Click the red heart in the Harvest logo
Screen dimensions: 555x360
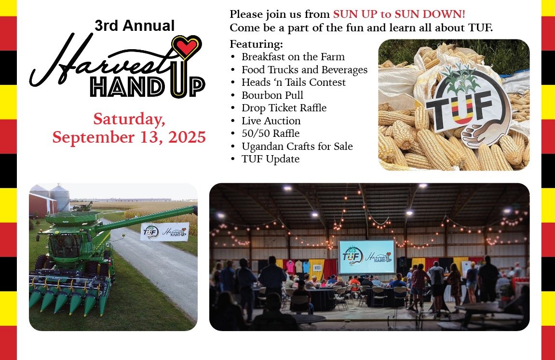click(x=187, y=46)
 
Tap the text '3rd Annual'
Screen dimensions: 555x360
click(x=135, y=26)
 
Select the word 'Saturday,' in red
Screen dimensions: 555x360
click(x=129, y=119)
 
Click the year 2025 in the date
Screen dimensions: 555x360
click(x=187, y=137)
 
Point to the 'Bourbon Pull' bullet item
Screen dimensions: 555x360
click(x=272, y=95)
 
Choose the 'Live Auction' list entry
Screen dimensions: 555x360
click(x=271, y=120)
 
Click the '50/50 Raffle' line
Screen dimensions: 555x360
click(x=271, y=133)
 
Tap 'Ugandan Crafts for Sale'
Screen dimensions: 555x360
click(x=297, y=146)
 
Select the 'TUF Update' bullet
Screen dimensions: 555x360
click(x=271, y=159)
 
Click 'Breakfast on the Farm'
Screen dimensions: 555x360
click(x=293, y=56)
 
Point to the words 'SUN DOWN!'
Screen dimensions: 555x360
click(x=430, y=14)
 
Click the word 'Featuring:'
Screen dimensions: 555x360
click(x=256, y=44)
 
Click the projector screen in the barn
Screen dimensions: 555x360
click(x=367, y=257)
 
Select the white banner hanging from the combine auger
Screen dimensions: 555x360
click(x=164, y=232)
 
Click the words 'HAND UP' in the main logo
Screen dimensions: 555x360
click(x=147, y=86)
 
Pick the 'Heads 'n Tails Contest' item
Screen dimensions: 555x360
click(x=294, y=82)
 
